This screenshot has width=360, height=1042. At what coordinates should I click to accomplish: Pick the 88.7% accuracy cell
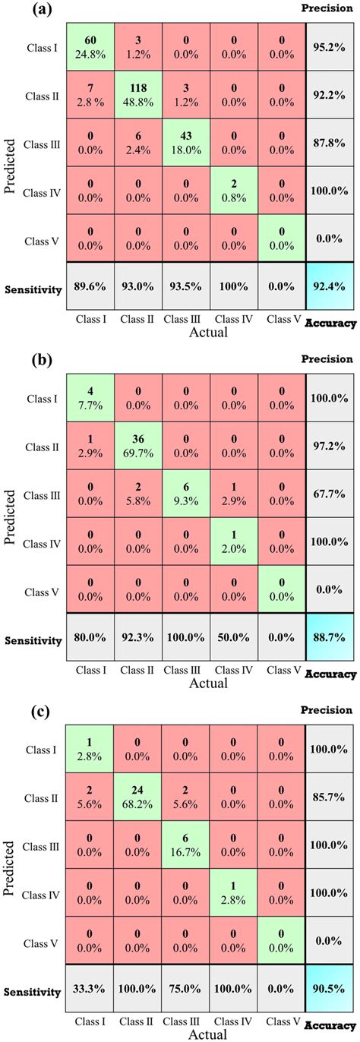click(330, 640)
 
